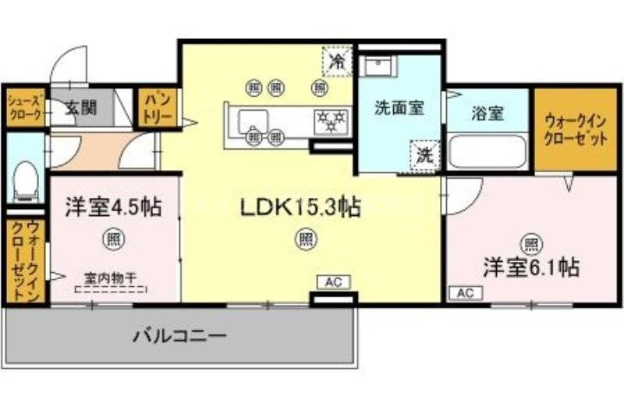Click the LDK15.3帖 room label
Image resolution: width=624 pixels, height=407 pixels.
pos(300,207)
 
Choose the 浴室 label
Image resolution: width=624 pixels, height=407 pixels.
pos(487,113)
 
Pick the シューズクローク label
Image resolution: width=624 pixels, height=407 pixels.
pos(24,107)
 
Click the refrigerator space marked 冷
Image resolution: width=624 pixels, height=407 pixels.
pos(338,60)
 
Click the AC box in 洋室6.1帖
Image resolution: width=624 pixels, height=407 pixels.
pos(466,293)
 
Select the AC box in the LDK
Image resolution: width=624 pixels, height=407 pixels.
pos(331,281)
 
